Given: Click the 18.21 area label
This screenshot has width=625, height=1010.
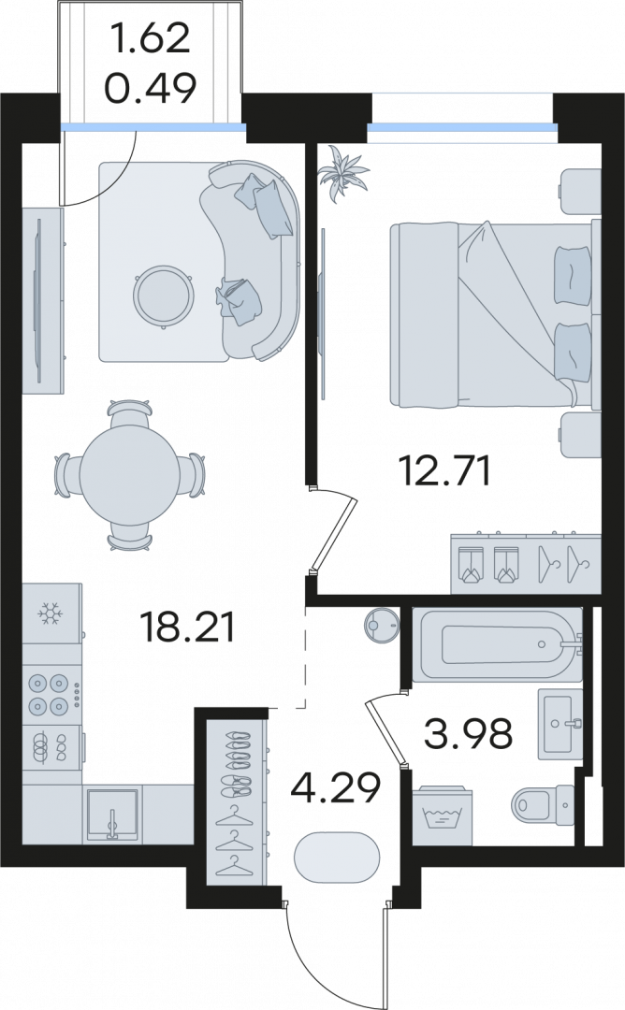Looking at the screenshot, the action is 188,628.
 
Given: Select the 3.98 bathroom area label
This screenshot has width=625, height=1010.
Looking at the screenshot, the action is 469,733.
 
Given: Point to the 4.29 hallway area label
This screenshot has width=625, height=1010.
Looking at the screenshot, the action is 335,787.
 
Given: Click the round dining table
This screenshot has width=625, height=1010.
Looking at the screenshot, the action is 129,477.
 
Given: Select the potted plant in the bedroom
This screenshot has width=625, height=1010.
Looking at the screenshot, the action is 344,174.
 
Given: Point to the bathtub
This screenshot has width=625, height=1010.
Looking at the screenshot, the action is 497,643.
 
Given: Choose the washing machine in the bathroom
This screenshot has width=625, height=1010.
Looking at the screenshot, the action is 442,815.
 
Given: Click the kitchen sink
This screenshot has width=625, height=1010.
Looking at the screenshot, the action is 113,815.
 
